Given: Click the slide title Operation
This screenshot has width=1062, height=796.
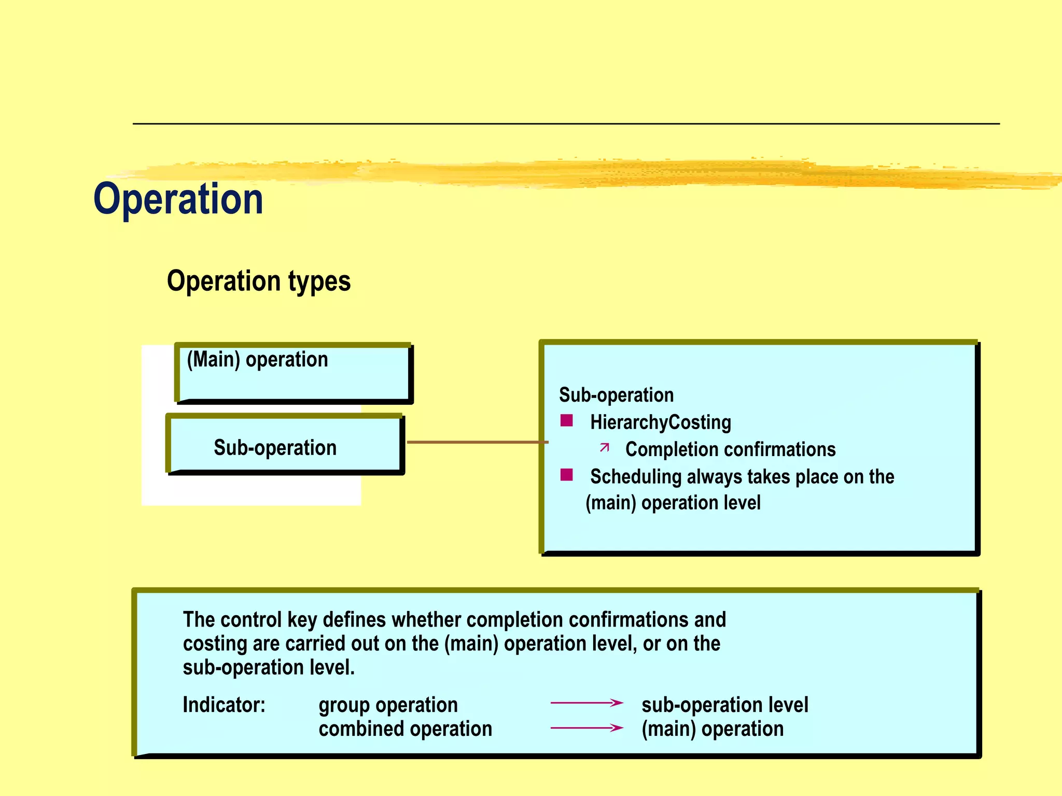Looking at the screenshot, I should coord(178,200).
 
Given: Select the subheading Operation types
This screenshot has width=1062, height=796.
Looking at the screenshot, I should coord(258,281).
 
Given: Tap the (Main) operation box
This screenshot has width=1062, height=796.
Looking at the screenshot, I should coord(293,373).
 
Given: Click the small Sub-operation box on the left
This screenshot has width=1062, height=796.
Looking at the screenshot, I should coord(284,446).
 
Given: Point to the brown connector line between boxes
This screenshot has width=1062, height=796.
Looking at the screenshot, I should coord(477,442).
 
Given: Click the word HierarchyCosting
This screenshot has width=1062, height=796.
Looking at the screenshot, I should coord(660,422).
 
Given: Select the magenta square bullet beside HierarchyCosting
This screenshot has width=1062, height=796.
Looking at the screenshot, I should coord(566,420).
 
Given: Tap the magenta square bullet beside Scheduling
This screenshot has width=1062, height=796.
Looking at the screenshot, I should coord(566,475).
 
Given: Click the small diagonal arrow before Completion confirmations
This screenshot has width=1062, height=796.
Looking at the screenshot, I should coord(604,447).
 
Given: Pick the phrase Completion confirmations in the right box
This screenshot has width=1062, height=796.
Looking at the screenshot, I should coord(730,449).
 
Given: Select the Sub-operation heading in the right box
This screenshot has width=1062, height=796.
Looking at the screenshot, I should coord(616,395).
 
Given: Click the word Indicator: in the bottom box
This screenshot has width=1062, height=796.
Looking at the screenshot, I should coord(224,705).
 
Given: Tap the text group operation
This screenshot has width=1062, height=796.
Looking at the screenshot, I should coord(388,705).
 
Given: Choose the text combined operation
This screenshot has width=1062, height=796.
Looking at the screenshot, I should coord(405,729).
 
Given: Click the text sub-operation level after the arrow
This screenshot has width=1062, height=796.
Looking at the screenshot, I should coord(724,705).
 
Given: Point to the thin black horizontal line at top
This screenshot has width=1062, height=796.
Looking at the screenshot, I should coord(565,124).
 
